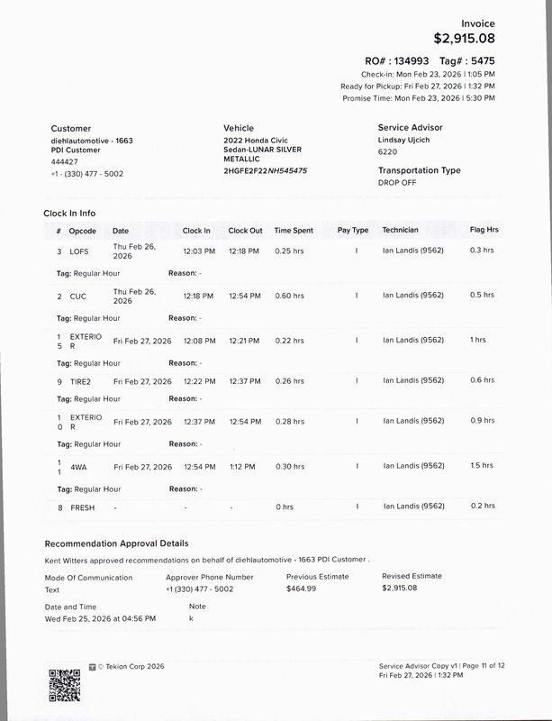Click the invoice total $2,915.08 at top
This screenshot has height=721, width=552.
[x=464, y=39]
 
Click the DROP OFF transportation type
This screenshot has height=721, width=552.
[x=399, y=182]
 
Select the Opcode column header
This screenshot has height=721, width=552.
[x=83, y=231]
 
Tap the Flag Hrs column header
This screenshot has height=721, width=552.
[x=484, y=231]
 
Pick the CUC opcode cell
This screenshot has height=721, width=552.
[x=79, y=295]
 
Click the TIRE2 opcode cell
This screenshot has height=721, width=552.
[x=82, y=380]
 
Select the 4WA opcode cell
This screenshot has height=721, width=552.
[x=78, y=467]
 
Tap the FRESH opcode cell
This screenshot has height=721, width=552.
[x=83, y=507]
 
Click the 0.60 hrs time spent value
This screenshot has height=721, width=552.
[x=290, y=295]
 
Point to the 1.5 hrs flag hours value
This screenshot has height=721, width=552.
[x=482, y=467]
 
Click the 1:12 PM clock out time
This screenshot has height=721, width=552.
[x=242, y=467]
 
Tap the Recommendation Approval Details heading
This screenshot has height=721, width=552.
[x=116, y=543]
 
